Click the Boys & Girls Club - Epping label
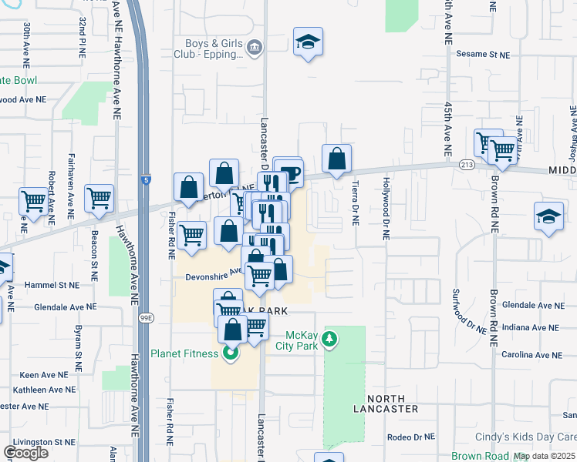pyautogui.click(x=213, y=49)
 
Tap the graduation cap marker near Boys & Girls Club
pyautogui.click(x=309, y=42)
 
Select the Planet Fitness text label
pyautogui.click(x=186, y=354)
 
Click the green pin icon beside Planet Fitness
pyautogui.click(x=229, y=354)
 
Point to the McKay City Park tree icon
pyautogui.click(x=329, y=339)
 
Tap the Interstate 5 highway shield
pyautogui.click(x=146, y=180)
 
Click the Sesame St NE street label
pyautogui.click(x=483, y=55)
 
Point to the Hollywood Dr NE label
pyautogui.click(x=384, y=209)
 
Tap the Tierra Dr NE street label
pyautogui.click(x=355, y=203)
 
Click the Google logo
pyautogui.click(x=25, y=452)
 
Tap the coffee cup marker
pyautogui.click(x=289, y=172)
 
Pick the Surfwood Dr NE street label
pyautogui.click(x=471, y=310)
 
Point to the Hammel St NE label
pyautogui.click(x=52, y=284)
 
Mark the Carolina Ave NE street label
pyautogui.click(x=531, y=355)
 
